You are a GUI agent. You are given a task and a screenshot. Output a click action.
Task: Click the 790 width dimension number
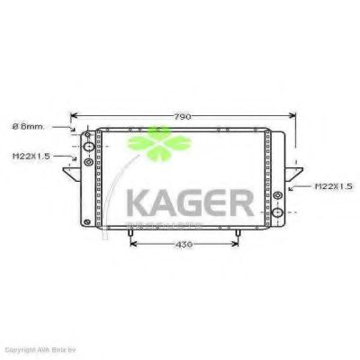coord(184,115)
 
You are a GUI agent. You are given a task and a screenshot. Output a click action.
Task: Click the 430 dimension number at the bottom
coord(184,245)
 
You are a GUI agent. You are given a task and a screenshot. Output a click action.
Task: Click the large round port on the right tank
coord(279,213)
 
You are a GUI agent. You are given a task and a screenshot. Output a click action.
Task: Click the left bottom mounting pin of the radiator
coord(132,235)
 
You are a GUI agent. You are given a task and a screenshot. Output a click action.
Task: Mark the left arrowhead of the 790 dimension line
coord(74,116)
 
